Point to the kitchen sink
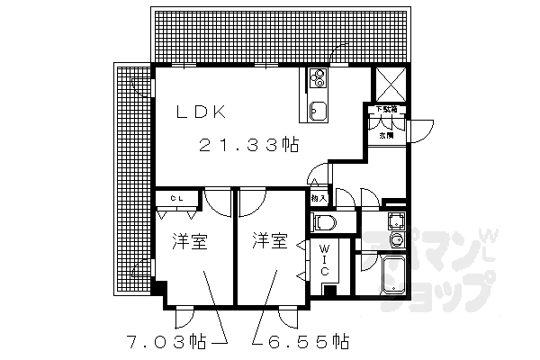pos(318,111)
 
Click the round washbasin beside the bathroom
pos(396,238)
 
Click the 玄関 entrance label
pos(385,135)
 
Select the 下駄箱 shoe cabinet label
pos(385,110)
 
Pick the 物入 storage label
pos(317,196)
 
